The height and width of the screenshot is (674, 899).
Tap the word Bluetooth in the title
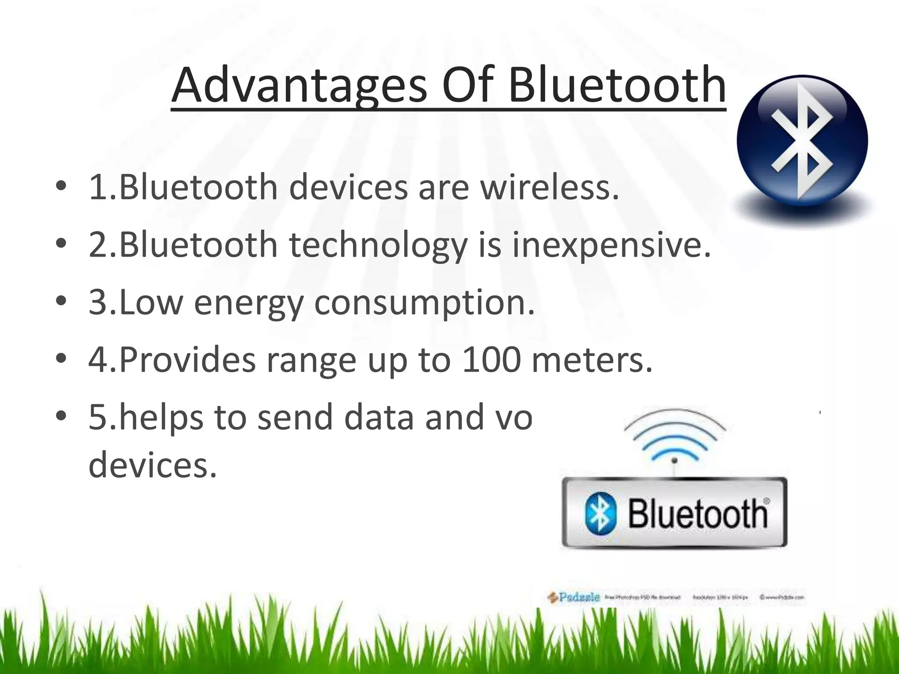point(616,85)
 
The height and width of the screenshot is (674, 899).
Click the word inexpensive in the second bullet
point(611,245)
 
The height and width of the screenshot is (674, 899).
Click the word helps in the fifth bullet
point(161,417)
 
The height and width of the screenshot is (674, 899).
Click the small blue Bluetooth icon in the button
point(601,513)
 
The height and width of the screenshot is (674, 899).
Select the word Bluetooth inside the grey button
point(698,513)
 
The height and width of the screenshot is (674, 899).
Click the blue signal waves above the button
point(675,434)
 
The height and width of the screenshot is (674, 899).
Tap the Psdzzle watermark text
point(579,597)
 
